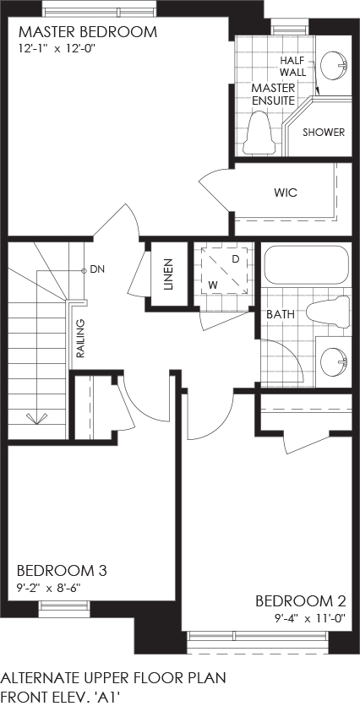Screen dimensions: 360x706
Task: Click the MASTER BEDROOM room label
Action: pyautogui.click(x=88, y=32)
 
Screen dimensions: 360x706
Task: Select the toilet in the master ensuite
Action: pyautogui.click(x=259, y=133)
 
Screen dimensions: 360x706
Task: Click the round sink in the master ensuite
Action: pyautogui.click(x=335, y=66)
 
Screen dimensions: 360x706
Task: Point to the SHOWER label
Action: pyautogui.click(x=324, y=133)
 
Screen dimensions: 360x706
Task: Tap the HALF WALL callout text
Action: pyautogui.click(x=293, y=66)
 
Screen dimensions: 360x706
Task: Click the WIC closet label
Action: pyautogui.click(x=286, y=193)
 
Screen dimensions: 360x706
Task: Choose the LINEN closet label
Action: pyautogui.click(x=168, y=274)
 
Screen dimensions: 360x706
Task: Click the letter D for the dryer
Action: pyautogui.click(x=235, y=259)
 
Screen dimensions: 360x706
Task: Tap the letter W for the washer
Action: pyautogui.click(x=213, y=285)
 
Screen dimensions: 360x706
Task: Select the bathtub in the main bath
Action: pyautogui.click(x=307, y=264)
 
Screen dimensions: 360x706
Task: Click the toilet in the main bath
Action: pyautogui.click(x=328, y=312)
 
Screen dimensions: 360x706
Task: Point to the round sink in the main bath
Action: pyautogui.click(x=335, y=361)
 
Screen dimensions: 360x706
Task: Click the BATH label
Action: pyautogui.click(x=281, y=314)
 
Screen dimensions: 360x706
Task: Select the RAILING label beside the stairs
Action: pyautogui.click(x=80, y=338)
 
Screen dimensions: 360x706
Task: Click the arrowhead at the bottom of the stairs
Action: pyautogui.click(x=36, y=418)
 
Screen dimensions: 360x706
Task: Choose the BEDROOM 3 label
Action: pyautogui.click(x=62, y=571)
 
